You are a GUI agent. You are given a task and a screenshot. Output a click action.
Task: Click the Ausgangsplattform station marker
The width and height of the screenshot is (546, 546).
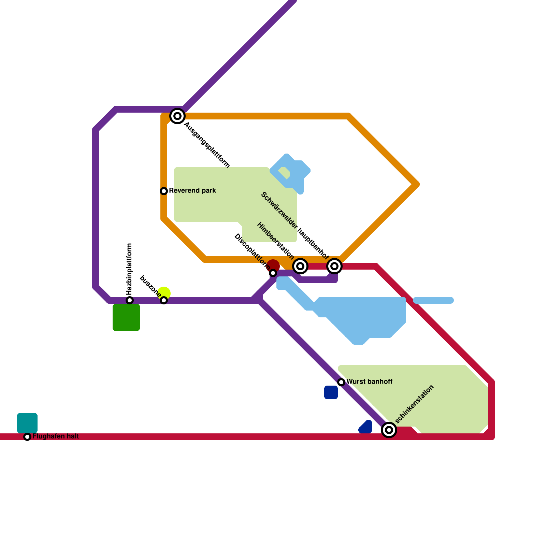[177, 116]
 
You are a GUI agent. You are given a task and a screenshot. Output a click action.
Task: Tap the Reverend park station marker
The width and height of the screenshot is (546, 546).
[164, 191]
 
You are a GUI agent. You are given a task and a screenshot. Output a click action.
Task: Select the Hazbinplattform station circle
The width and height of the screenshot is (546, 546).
[130, 300]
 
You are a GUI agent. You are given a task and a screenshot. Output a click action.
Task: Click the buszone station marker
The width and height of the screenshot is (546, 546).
[164, 300]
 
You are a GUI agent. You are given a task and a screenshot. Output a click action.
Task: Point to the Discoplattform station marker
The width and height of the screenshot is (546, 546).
[273, 273]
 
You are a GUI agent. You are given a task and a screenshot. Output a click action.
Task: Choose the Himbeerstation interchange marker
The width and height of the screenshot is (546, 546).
[300, 266]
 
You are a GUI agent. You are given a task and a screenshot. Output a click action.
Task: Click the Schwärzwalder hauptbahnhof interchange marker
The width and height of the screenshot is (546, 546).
[334, 266]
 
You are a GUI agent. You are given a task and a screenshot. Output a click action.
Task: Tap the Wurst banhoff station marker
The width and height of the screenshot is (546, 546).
[341, 382]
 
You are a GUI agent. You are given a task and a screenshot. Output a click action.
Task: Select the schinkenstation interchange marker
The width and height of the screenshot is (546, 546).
[389, 430]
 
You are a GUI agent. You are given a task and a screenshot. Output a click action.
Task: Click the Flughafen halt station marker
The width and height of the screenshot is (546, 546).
[27, 437]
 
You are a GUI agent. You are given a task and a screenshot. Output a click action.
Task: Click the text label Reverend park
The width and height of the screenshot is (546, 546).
[192, 190]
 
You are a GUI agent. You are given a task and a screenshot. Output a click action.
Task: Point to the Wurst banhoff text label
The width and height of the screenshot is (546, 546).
[369, 382]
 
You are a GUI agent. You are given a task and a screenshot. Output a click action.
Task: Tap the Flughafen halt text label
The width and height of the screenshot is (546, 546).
[56, 436]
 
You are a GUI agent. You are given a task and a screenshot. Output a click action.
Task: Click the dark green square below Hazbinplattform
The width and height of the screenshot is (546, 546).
[126, 317]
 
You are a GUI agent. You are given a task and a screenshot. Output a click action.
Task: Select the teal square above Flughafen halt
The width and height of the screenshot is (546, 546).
[27, 422]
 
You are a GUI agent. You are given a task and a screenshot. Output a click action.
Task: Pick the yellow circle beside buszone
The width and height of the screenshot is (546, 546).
[164, 292]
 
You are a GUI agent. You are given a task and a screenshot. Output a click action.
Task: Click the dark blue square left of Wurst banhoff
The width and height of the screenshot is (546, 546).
[331, 392]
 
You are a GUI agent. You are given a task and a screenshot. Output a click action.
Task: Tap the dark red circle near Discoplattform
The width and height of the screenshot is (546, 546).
[273, 265]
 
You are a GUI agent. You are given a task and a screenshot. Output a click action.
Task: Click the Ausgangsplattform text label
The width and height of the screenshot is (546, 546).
[207, 145]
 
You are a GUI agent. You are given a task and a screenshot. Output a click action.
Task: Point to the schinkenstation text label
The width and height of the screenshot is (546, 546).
[414, 404]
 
